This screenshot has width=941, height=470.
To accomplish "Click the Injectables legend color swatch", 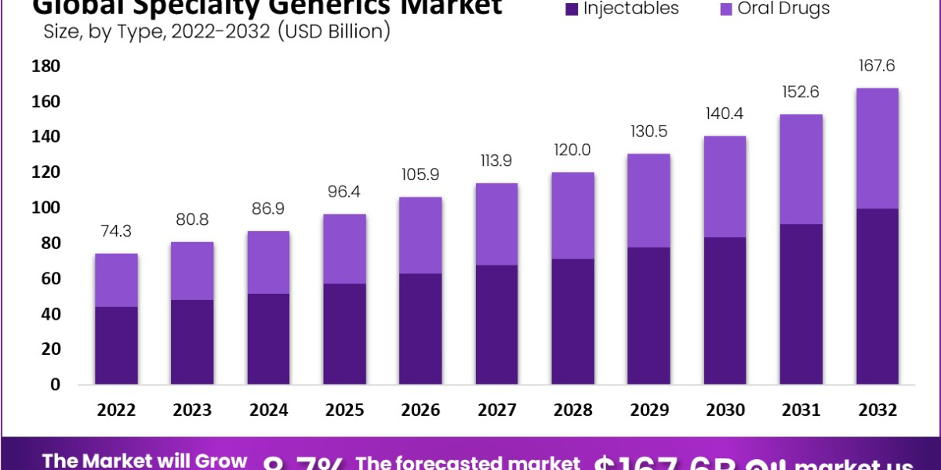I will [x=571, y=9].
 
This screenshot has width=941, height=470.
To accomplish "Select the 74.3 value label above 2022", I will [x=116, y=233].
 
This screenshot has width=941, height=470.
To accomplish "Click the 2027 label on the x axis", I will [x=496, y=410].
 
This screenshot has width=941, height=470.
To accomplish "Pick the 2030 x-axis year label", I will [x=725, y=410].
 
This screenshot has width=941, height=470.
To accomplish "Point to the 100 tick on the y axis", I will [x=45, y=208].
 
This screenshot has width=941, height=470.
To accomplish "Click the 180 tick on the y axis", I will [x=45, y=67].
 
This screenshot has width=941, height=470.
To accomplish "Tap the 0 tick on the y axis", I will [x=55, y=385].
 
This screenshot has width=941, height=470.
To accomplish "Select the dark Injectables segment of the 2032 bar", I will [x=877, y=297].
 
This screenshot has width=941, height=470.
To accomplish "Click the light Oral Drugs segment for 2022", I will [x=116, y=280].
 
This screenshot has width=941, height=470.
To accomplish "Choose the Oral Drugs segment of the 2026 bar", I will [x=420, y=235].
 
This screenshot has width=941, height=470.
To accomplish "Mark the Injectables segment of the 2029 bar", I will [x=649, y=316].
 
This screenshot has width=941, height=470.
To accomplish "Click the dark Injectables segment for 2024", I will [x=268, y=339].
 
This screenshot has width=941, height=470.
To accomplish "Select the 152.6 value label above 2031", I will [x=801, y=92].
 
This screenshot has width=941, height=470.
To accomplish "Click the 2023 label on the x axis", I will [x=192, y=410].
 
